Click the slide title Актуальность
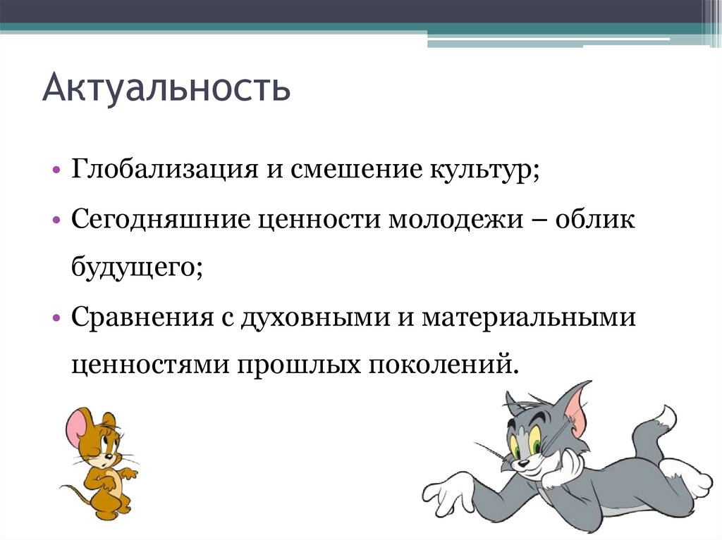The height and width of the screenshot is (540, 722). pos(166,89)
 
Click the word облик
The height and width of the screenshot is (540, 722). pos(594,220)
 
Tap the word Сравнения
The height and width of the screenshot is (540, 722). pos(142,317)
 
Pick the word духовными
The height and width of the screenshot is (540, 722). pos(313,317)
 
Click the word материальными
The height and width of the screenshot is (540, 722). pos(529,317)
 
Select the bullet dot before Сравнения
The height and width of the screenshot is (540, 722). pos(56,318)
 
